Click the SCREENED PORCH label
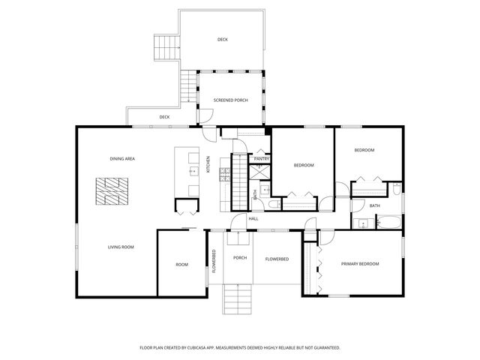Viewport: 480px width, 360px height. click(x=230, y=100)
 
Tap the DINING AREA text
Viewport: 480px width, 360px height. click(x=122, y=159)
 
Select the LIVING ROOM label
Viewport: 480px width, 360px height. click(x=121, y=247)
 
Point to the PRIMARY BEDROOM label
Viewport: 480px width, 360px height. click(x=359, y=264)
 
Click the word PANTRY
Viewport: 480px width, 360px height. click(x=261, y=159)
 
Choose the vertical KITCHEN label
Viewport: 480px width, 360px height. click(x=208, y=164)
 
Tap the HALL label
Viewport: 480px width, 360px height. click(x=253, y=218)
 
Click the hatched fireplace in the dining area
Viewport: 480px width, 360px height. click(x=112, y=192)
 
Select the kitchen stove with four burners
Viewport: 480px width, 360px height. click(x=224, y=175)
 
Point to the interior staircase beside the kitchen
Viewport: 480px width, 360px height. click(x=238, y=181)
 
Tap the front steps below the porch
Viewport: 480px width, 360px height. click(x=240, y=299)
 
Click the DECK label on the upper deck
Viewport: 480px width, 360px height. click(x=223, y=39)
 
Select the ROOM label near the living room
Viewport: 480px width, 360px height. click(x=182, y=265)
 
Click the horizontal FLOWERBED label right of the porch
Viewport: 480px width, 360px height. click(x=277, y=259)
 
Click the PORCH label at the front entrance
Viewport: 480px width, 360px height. click(x=240, y=258)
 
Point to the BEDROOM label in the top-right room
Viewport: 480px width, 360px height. click(x=364, y=151)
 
